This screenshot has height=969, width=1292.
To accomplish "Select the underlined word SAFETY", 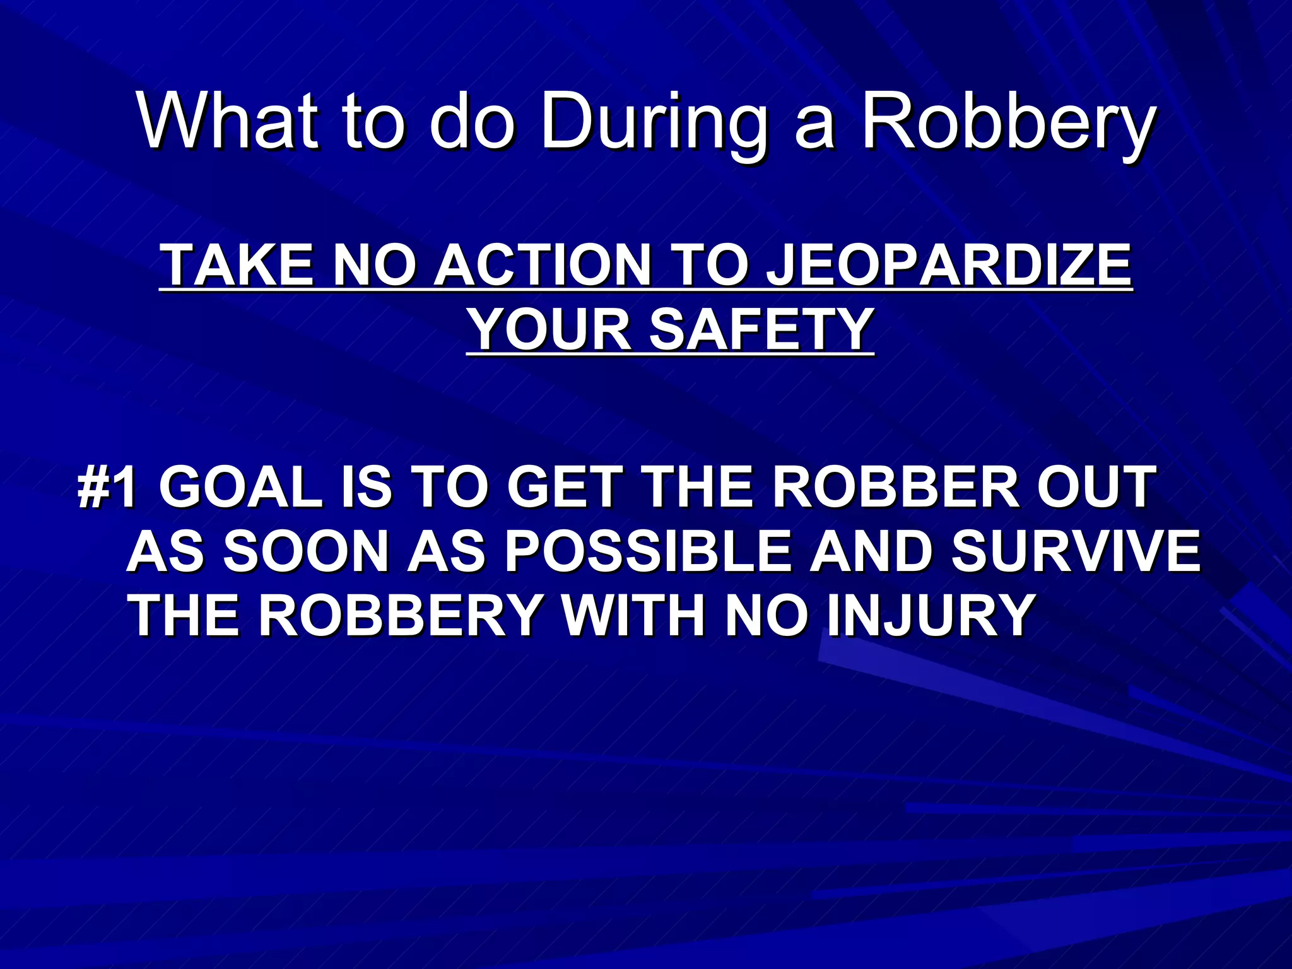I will point(760,329).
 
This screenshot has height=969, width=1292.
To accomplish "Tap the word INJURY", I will point(929,615).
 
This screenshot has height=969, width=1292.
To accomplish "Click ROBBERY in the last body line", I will point(399,615).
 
